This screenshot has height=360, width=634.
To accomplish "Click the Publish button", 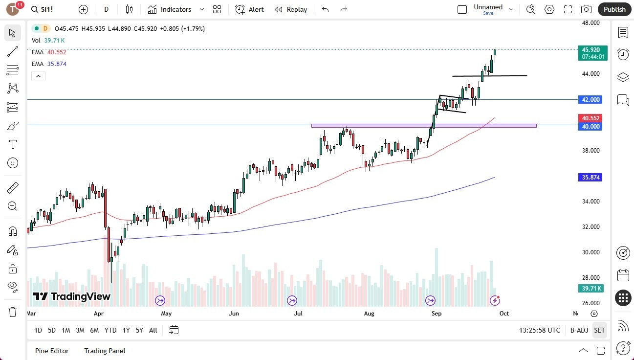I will (x=614, y=9).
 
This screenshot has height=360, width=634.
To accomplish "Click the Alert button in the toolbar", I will (x=249, y=9).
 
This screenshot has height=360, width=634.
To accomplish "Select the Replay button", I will (x=291, y=9).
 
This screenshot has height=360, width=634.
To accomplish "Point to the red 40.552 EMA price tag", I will (x=591, y=118).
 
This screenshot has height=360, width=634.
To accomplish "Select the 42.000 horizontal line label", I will (x=591, y=100).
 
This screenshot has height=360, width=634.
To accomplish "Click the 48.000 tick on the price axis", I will (x=590, y=23).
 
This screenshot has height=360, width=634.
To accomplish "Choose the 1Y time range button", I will (x=126, y=330).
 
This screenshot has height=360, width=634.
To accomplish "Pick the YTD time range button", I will (x=110, y=330).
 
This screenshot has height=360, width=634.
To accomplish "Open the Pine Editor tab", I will (x=52, y=351).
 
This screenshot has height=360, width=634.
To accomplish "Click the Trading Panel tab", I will (x=105, y=351).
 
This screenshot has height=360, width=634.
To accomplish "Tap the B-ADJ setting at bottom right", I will (x=579, y=330).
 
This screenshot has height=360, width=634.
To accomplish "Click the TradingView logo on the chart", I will (x=72, y=296).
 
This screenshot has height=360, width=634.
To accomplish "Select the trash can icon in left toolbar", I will (x=13, y=312).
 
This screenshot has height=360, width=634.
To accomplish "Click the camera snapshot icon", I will (x=586, y=9).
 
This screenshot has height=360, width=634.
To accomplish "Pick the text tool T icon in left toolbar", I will (x=13, y=144).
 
